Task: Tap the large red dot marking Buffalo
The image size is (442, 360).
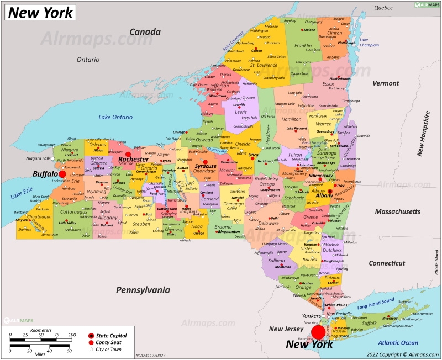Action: point(62,174)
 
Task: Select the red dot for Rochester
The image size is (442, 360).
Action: point(128,155)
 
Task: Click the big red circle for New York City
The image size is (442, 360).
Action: point(318,332)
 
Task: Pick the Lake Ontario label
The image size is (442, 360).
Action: point(115,117)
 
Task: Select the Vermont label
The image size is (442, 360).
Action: point(385,83)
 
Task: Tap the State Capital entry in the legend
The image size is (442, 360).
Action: point(111,335)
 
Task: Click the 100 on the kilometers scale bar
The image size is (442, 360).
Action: point(72,335)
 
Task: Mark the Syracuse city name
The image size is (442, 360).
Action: point(205,166)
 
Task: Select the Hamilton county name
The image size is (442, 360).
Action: point(291,119)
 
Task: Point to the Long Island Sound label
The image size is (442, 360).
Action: point(376,301)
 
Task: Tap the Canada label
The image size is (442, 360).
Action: point(144,32)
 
